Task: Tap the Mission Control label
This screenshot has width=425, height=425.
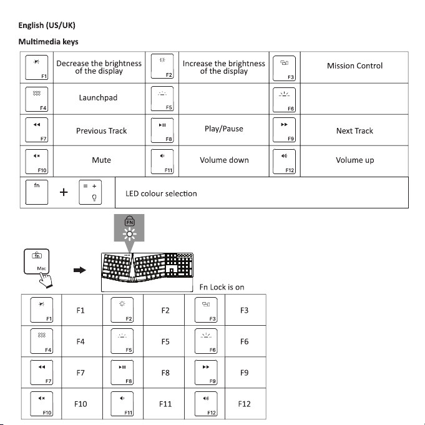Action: point(354,66)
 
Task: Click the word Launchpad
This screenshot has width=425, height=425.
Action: point(98,98)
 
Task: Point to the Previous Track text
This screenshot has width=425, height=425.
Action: point(101,130)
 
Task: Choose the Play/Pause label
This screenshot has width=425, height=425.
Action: point(223,129)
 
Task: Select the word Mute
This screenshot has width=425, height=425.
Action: point(101,160)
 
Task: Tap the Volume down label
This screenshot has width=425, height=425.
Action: point(224,160)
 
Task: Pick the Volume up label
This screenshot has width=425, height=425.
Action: point(354,160)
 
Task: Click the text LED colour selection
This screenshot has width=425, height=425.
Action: point(161,193)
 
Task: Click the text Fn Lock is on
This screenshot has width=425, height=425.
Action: point(222,287)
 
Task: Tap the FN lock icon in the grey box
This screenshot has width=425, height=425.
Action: point(130,222)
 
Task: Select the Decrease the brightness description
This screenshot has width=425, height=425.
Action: point(99,67)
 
